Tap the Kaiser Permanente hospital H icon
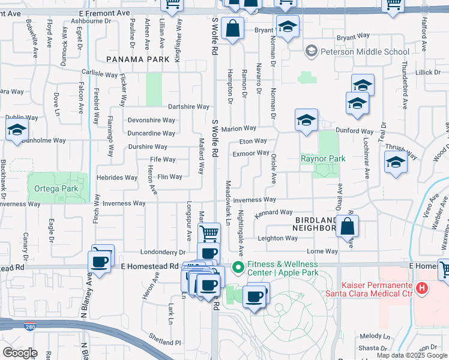(422, 289)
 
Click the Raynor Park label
(323, 159)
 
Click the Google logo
(20, 353)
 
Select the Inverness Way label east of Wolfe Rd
(254, 199)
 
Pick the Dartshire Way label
(188, 107)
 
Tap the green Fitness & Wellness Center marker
(238, 268)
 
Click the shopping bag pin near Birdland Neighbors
(348, 227)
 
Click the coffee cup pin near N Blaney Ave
(99, 261)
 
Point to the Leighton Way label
(277, 238)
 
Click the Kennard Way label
(273, 212)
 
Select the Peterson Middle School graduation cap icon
(311, 52)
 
